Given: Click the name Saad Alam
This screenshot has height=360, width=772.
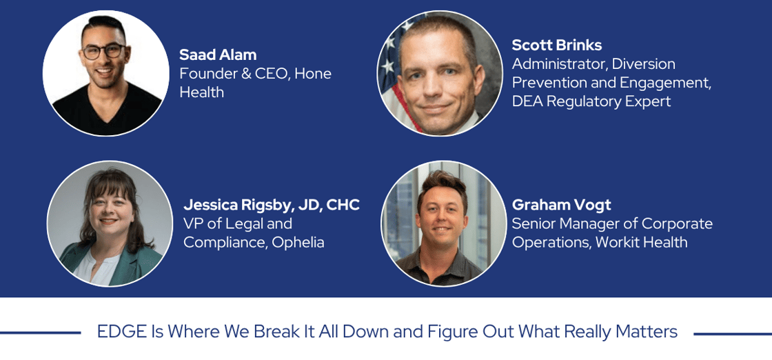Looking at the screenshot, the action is (218, 54).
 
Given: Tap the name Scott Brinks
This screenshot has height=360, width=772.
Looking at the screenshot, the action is (557, 46).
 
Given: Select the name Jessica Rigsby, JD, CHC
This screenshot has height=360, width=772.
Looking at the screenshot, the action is (272, 206).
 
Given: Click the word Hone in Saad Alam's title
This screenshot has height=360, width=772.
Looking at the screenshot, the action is (313, 74).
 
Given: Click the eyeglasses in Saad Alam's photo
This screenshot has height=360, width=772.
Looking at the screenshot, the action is (103, 51).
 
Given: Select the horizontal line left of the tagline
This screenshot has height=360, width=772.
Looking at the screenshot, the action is (41, 333).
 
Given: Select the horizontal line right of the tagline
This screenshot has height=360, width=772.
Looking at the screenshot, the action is (733, 333).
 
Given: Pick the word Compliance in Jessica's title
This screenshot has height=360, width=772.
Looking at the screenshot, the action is (223, 243).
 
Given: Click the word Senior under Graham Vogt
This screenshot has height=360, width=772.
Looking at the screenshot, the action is (532, 223).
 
